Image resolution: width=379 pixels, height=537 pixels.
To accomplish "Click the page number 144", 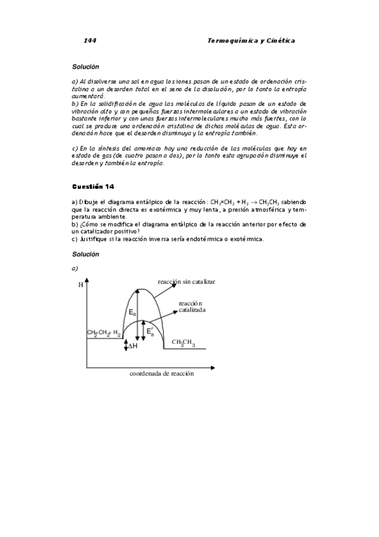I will coord(90,41).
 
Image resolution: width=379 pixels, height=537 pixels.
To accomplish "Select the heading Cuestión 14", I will coord(93,186).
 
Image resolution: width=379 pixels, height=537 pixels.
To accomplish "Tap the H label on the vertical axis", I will coord(80,285).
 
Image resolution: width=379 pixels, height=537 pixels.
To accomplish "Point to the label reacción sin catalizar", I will coord(187,281).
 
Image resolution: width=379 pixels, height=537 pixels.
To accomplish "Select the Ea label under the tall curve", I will coord(132,312).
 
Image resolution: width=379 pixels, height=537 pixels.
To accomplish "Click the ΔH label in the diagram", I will coord(133,346).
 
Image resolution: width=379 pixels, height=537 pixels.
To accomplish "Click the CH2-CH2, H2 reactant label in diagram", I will coord(103,332).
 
